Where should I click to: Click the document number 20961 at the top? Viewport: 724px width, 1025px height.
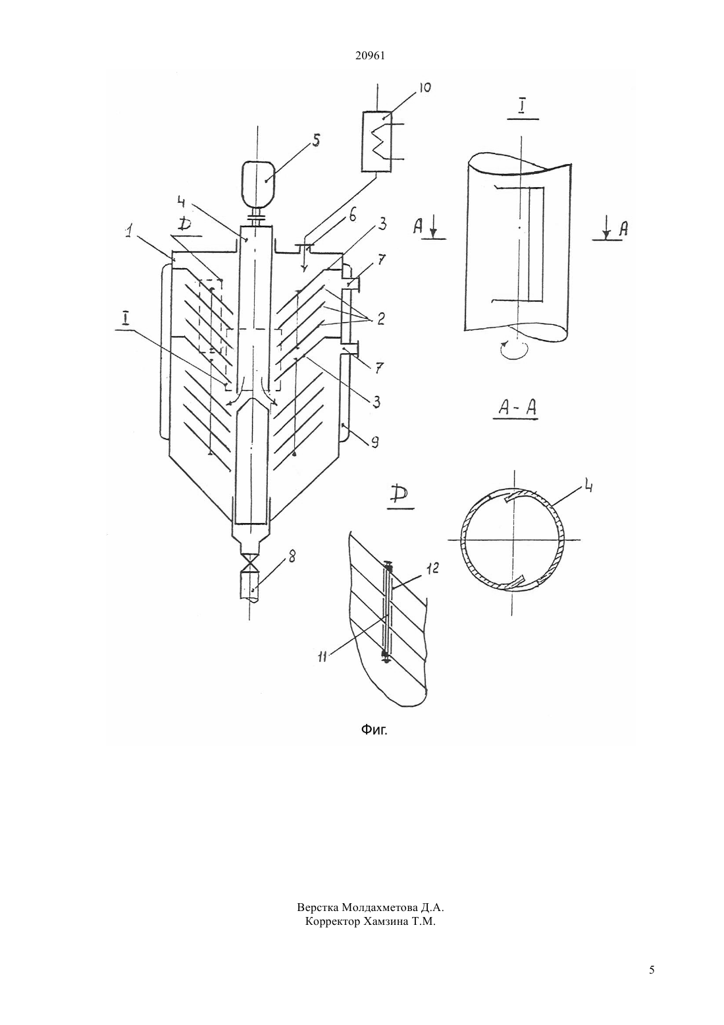370,56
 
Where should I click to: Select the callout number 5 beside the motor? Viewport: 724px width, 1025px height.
315,140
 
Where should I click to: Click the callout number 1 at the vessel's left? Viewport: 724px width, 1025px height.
130,233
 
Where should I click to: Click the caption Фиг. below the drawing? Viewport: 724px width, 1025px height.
374,729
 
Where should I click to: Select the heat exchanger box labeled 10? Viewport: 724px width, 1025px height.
376,142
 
